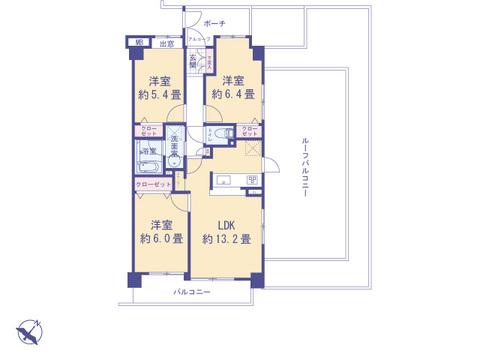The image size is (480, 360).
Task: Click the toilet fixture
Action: click(225, 134)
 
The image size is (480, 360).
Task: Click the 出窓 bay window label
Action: click(166, 44)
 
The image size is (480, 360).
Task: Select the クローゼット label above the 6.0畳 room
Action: click(153, 186)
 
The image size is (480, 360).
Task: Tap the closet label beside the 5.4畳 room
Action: click(148, 133)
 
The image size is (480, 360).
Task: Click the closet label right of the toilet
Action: click(250, 132)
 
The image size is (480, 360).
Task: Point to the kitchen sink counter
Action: click(225, 181)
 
